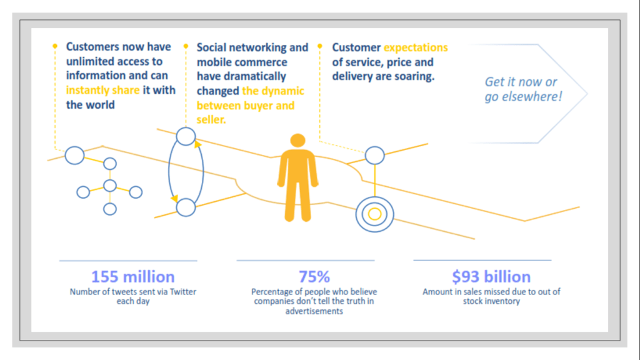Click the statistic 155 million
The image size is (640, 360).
coord(132,277)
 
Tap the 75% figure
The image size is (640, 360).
coord(314,277)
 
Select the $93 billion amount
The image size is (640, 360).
coord(491,277)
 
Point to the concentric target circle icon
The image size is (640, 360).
coord(374,214)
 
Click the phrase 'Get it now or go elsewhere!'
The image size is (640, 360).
coord(523,89)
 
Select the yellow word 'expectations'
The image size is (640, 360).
coord(416,47)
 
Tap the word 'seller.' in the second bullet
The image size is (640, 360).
coord(211,119)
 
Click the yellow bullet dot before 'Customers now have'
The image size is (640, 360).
coord(54,46)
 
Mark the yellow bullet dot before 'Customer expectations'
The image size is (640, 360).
coord(320,46)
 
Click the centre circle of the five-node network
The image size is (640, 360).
coord(110,186)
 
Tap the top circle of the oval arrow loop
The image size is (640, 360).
coord(186,136)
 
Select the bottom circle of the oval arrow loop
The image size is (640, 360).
coord(186,207)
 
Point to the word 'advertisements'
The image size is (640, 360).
coord(314,311)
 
